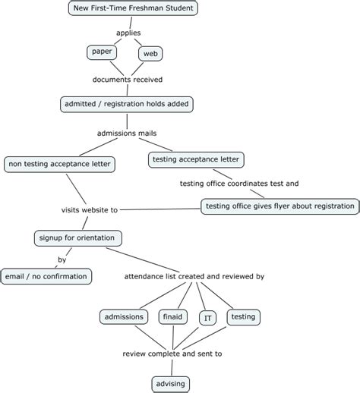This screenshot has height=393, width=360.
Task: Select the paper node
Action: pyautogui.click(x=101, y=52)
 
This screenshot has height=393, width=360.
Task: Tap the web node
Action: pyautogui.click(x=150, y=53)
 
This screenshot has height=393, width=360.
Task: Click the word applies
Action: pyautogui.click(x=127, y=33)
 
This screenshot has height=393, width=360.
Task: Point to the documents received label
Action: pyautogui.click(x=127, y=79)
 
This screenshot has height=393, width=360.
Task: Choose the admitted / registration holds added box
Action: pyautogui.click(x=127, y=104)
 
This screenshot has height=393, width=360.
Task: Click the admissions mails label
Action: pyautogui.click(x=127, y=134)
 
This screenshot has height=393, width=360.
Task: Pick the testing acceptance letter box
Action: pyautogui.click(x=196, y=159)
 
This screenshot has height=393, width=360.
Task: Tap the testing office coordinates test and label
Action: pyautogui.click(x=238, y=184)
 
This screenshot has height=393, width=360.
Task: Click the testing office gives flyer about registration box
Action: pyautogui.click(x=279, y=206)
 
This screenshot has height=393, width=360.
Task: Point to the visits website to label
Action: pyautogui.click(x=89, y=209)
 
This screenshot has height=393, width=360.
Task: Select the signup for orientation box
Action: pyautogui.click(x=77, y=237)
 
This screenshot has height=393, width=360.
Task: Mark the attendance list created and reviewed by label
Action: pyautogui.click(x=194, y=277)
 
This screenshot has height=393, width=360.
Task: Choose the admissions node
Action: pyautogui.click(x=123, y=316)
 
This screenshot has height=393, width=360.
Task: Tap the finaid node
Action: pyautogui.click(x=173, y=316)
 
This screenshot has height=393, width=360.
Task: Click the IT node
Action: pyautogui.click(x=207, y=319)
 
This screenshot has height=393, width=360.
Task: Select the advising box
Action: pyautogui.click(x=170, y=383)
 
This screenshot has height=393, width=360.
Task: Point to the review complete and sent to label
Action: pyautogui.click(x=172, y=354)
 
